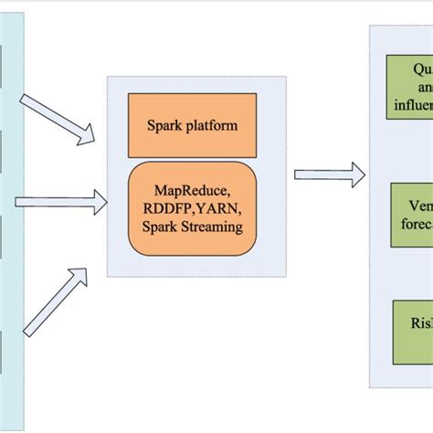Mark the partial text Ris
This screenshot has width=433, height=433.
tap(419, 325)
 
